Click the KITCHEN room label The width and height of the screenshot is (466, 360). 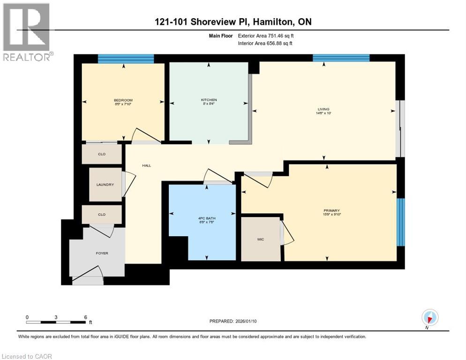coord(209,100)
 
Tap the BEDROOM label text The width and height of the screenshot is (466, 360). coord(123,100)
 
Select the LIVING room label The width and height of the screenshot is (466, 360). coord(324,109)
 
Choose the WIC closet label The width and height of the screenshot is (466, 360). coord(261,239)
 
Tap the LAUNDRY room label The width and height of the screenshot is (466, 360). coord(105,185)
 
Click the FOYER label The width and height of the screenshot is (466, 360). coord(102,253)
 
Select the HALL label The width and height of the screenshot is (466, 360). coord(146,165)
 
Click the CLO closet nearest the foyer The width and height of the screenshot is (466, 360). coord(102,215)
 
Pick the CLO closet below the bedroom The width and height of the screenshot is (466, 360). coord(102,154)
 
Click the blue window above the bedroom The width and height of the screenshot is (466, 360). coord(126,59)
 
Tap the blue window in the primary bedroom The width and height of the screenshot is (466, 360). coord(400,222)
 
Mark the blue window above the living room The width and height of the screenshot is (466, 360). coord(341,58)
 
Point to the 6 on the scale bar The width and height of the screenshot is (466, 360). coord(85,317)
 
